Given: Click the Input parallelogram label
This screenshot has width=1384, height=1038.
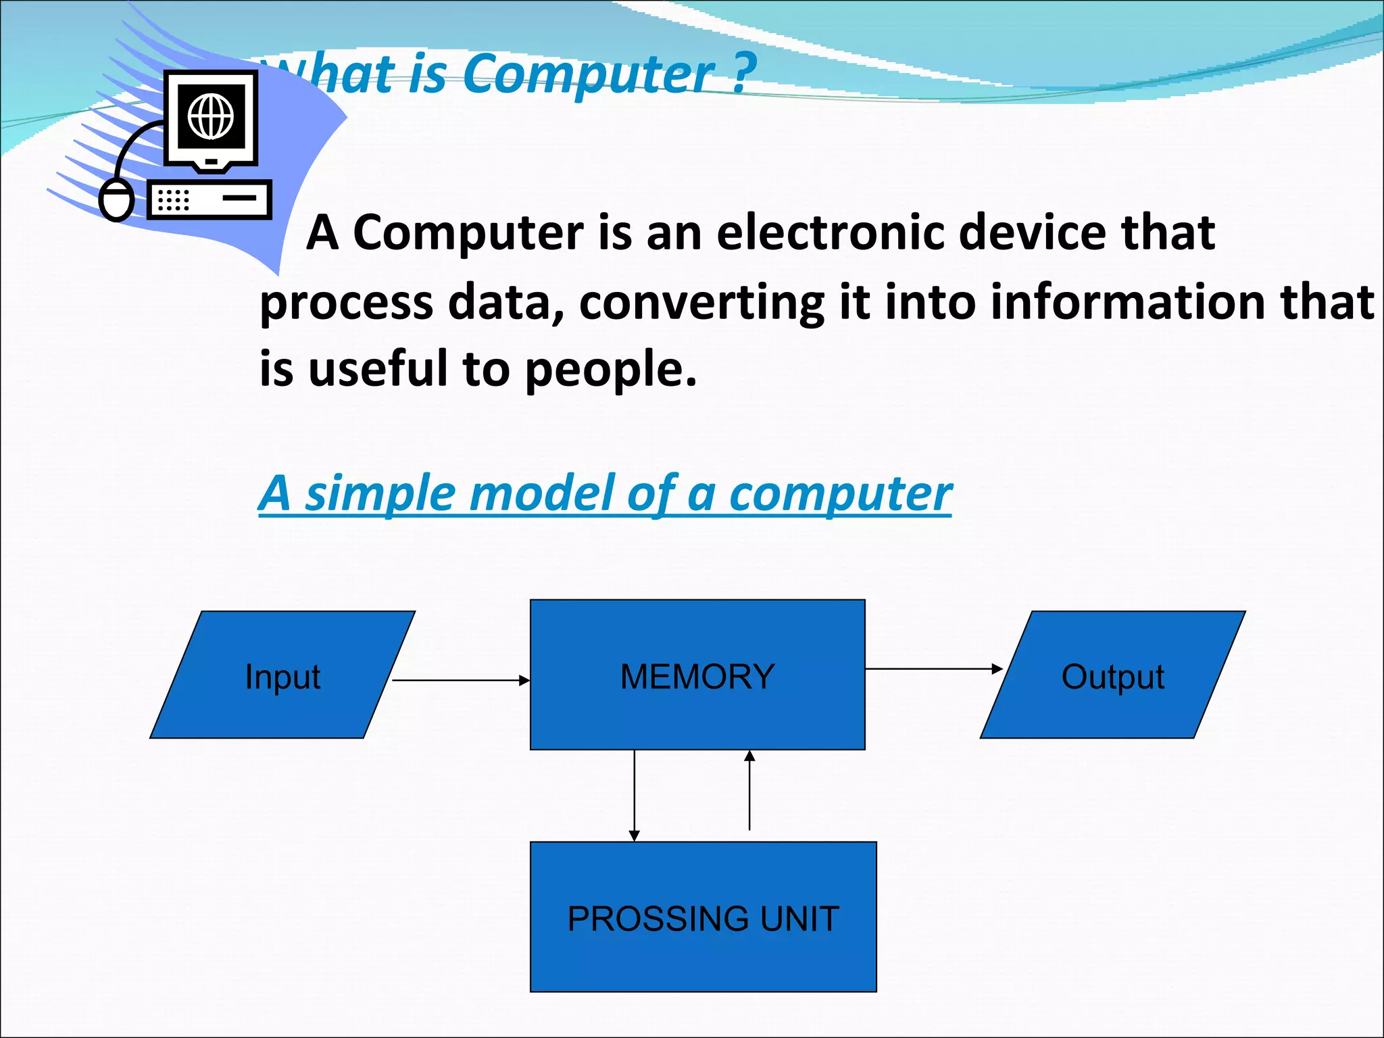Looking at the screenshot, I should pyautogui.click(x=282, y=677).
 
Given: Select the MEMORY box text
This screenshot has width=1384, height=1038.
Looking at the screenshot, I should pyautogui.click(x=697, y=676).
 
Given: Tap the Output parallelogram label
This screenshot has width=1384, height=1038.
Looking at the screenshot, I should pyautogui.click(x=1112, y=676).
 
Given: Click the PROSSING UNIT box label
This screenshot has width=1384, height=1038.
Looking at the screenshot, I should pyautogui.click(x=703, y=919).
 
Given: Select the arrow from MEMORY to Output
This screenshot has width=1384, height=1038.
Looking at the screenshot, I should pyautogui.click(x=933, y=669).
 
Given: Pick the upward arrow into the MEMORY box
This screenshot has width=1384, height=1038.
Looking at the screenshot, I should pyautogui.click(x=749, y=791).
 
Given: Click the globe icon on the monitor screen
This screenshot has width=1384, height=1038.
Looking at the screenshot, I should pyautogui.click(x=211, y=116).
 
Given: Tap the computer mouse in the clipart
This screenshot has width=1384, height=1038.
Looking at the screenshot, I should pyautogui.click(x=116, y=201).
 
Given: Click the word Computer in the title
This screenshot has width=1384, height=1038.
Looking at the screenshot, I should pyautogui.click(x=588, y=74).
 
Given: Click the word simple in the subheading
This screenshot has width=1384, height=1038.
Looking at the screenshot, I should pyautogui.click(x=378, y=495).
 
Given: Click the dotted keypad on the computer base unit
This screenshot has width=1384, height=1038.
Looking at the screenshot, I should pyautogui.click(x=172, y=200).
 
